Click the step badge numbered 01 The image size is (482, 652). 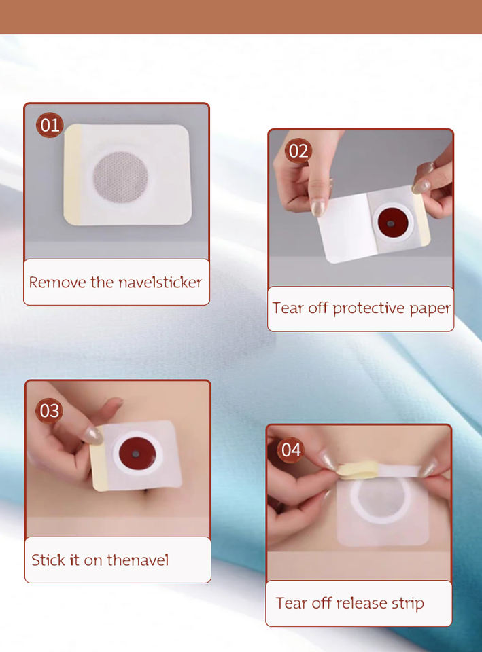coord(50,125)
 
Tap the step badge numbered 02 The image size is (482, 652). coord(298,151)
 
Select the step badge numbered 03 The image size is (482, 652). coord(49,411)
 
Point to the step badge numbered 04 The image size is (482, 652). coord(290,450)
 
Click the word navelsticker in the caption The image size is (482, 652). coord(160,283)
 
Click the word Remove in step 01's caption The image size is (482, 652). coord(57,283)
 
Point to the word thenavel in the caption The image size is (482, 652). coord(138,560)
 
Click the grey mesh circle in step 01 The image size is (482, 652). coord(120,177)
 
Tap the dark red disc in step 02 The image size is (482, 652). coord(392,221)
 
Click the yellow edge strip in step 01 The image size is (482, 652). coord(73,175)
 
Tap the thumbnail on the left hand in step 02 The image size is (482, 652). coord(318,208)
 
